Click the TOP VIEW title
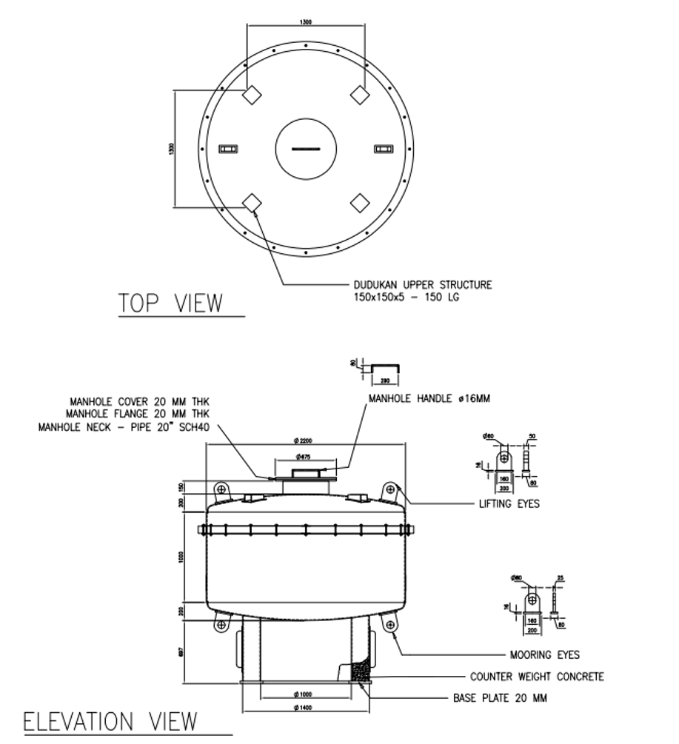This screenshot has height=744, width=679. click(x=171, y=304)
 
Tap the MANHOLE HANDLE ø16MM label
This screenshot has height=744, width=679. click(x=430, y=399)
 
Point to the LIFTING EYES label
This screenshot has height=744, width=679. click(x=509, y=504)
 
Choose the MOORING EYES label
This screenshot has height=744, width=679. click(x=544, y=654)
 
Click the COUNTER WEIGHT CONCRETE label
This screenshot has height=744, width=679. click(x=537, y=677)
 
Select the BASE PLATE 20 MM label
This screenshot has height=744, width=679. click(x=500, y=698)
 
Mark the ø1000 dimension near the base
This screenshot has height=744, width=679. click(x=305, y=694)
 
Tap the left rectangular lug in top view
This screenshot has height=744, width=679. click(x=228, y=150)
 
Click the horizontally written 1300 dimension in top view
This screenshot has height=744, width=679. click(x=305, y=23)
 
